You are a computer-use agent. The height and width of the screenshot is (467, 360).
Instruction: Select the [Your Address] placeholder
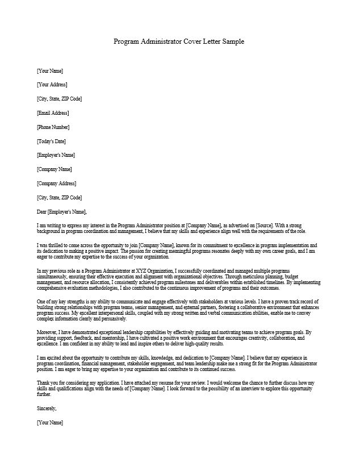pos(52,85)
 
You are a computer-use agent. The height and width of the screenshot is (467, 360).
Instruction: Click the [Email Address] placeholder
pos(52,113)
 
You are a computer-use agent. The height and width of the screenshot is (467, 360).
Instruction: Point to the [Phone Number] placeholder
pos(53,127)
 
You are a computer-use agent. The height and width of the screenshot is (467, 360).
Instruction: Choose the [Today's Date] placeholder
pos(51,141)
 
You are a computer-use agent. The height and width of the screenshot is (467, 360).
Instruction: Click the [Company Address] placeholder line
pos(56,184)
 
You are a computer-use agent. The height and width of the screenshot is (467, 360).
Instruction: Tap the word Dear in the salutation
pos(42,212)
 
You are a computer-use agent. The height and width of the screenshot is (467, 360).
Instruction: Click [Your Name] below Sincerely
pos(50,423)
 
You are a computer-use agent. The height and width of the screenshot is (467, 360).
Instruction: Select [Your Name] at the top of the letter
pos(50,71)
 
